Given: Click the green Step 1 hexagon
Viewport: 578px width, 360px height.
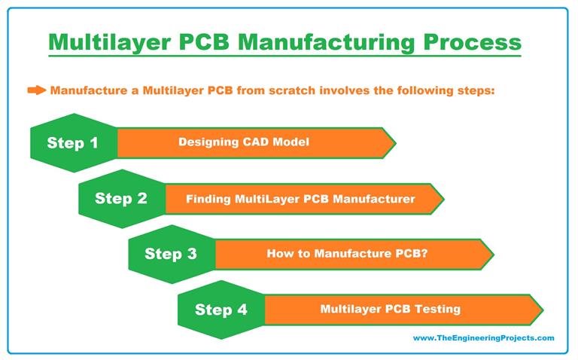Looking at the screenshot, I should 73,142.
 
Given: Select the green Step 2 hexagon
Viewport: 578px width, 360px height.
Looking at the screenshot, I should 121,199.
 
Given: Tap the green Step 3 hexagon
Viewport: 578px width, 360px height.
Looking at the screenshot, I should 171,254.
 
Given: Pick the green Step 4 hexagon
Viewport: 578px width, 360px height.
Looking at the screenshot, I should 220,309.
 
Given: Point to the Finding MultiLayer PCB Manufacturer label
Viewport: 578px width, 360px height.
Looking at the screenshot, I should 300,199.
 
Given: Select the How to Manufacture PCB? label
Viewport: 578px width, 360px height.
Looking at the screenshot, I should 348,254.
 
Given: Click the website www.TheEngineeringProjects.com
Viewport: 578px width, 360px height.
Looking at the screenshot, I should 483,338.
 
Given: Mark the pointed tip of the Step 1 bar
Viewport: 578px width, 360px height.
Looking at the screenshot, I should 394,142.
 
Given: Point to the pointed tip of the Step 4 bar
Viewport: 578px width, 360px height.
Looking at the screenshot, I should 541,309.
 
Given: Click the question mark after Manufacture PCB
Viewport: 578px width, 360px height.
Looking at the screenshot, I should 425,254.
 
